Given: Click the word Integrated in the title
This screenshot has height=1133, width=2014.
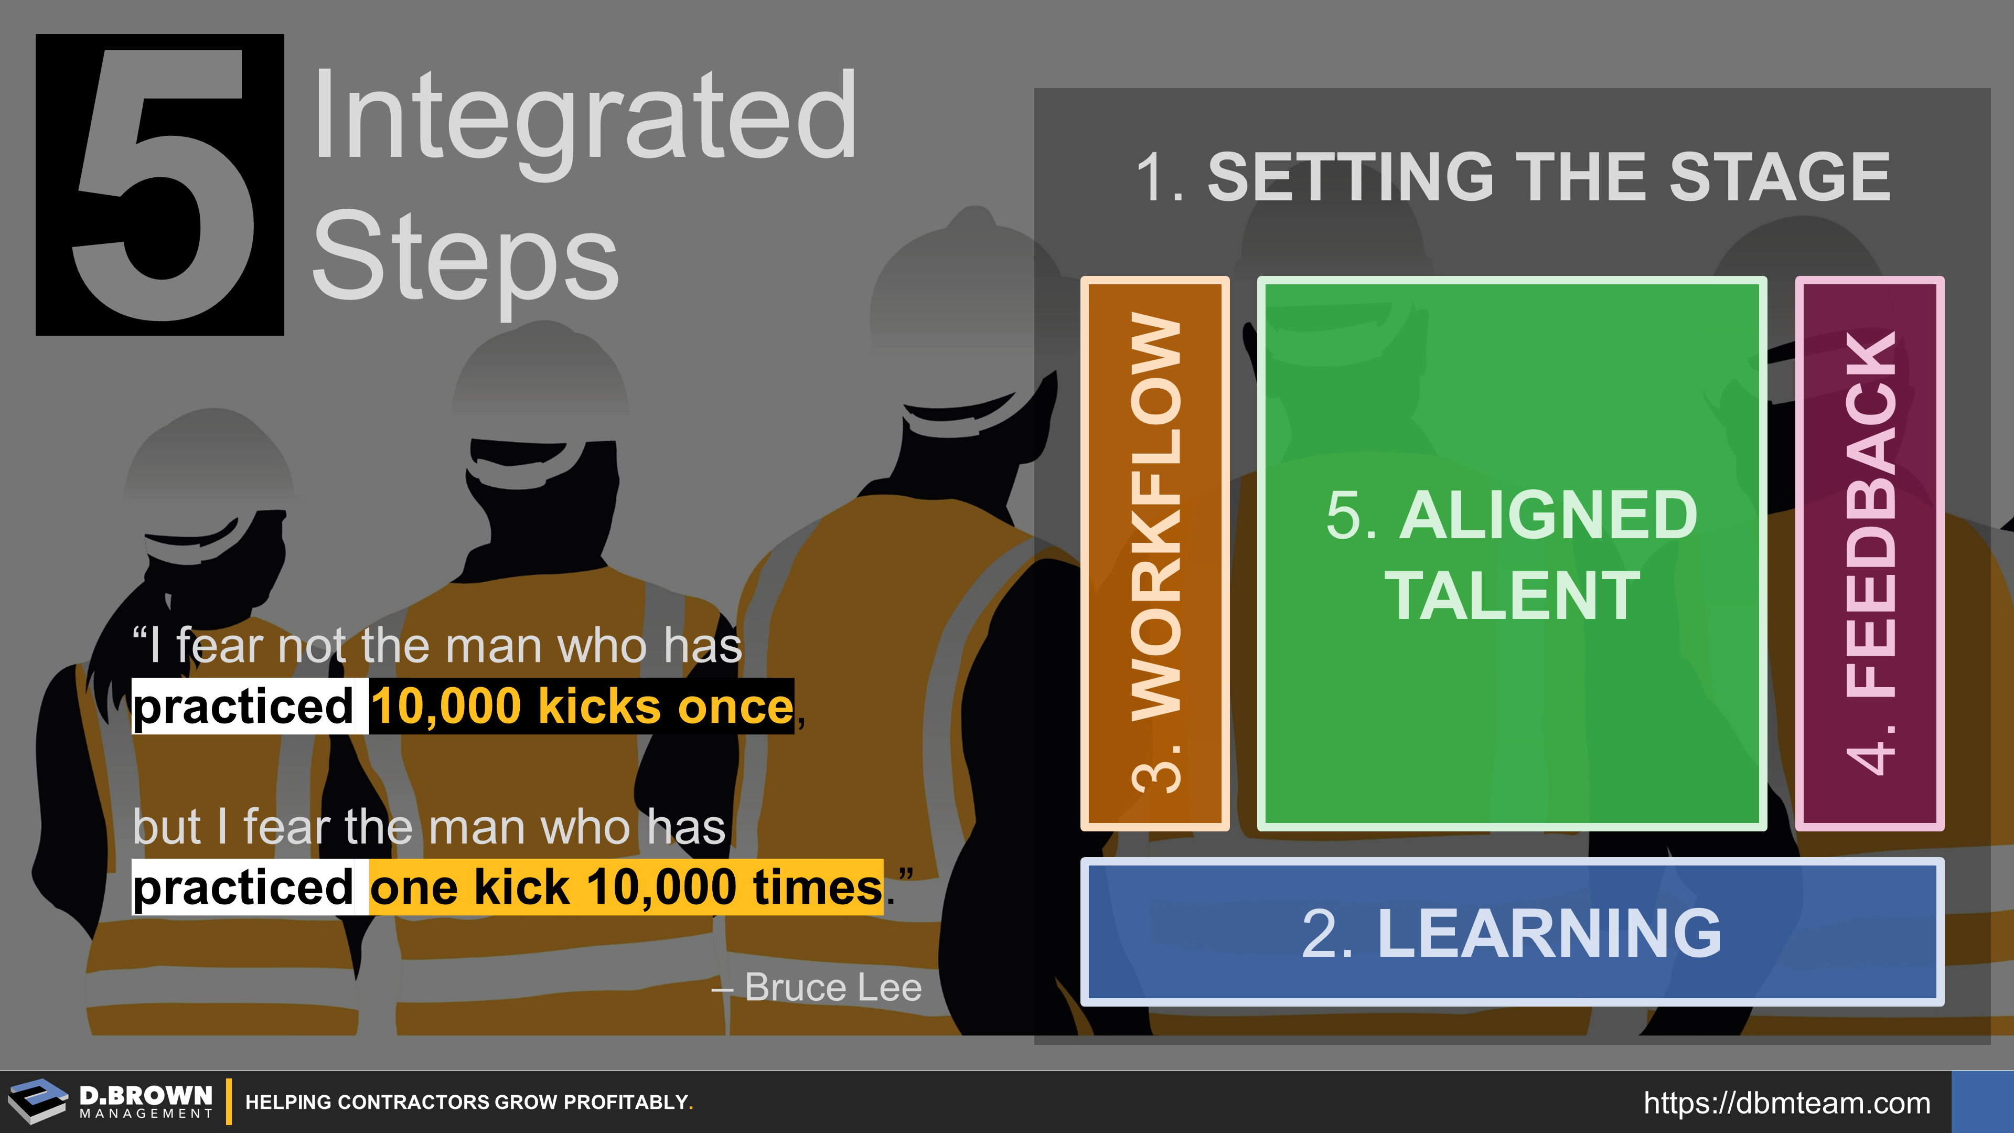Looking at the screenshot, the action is click(x=585, y=117).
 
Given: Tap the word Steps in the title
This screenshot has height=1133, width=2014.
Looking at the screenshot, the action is click(x=466, y=258).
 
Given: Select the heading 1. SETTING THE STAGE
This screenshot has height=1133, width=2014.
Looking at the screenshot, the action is click(x=1513, y=177).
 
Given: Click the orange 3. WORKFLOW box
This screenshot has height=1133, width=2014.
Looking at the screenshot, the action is click(x=1155, y=553).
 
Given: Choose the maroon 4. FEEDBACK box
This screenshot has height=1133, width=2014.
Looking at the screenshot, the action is click(x=1869, y=553).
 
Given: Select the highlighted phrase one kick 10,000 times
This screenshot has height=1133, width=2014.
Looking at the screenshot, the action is click(x=626, y=886).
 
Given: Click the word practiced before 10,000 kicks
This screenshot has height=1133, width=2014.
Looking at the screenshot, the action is click(x=244, y=706).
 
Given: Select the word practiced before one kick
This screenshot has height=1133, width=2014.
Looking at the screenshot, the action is click(x=244, y=886).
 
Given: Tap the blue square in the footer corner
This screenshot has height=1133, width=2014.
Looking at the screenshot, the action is click(x=1983, y=1102).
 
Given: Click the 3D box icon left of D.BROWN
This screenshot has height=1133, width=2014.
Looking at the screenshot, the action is click(x=38, y=1101).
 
